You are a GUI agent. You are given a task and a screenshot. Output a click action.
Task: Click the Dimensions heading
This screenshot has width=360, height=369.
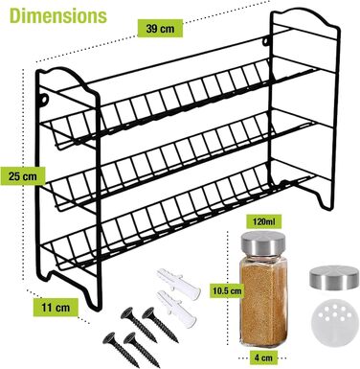58,15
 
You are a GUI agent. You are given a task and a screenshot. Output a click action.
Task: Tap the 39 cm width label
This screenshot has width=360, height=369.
160,29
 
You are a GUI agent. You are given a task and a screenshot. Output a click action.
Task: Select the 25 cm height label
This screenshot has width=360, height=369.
23,176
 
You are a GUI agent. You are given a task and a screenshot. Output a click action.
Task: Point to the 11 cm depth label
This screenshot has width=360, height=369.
56,307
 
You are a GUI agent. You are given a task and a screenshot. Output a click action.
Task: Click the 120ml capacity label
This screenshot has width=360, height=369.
262,221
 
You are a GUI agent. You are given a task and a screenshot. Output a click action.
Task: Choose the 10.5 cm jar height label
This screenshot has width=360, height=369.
227,290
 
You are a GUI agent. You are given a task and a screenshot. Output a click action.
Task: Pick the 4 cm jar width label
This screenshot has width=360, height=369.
263,357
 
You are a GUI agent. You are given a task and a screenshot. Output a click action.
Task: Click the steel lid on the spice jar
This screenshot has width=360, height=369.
263,243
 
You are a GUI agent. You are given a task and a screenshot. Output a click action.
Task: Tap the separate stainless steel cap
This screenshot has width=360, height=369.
333,278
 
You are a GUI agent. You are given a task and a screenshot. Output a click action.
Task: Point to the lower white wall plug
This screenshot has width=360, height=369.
176,309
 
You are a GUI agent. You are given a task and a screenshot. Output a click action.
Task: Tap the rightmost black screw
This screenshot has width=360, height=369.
160,324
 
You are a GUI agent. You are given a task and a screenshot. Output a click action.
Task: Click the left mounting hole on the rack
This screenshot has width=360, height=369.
44,100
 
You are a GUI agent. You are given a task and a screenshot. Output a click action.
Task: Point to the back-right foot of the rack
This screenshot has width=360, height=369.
326,199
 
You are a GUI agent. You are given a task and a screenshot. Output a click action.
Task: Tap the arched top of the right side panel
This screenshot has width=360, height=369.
304,16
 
